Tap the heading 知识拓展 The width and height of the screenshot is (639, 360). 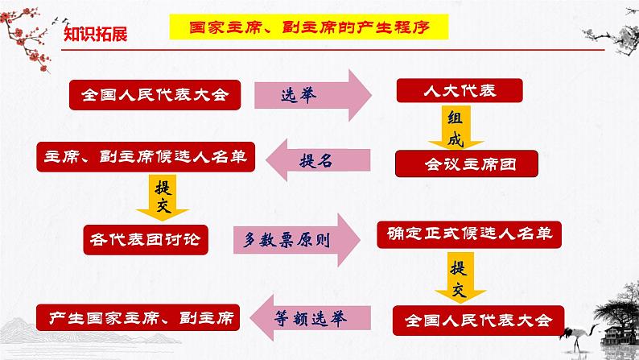[x=95, y=35]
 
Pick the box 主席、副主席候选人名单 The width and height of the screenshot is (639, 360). [x=145, y=156]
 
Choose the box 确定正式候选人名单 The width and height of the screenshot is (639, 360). [x=467, y=234]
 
